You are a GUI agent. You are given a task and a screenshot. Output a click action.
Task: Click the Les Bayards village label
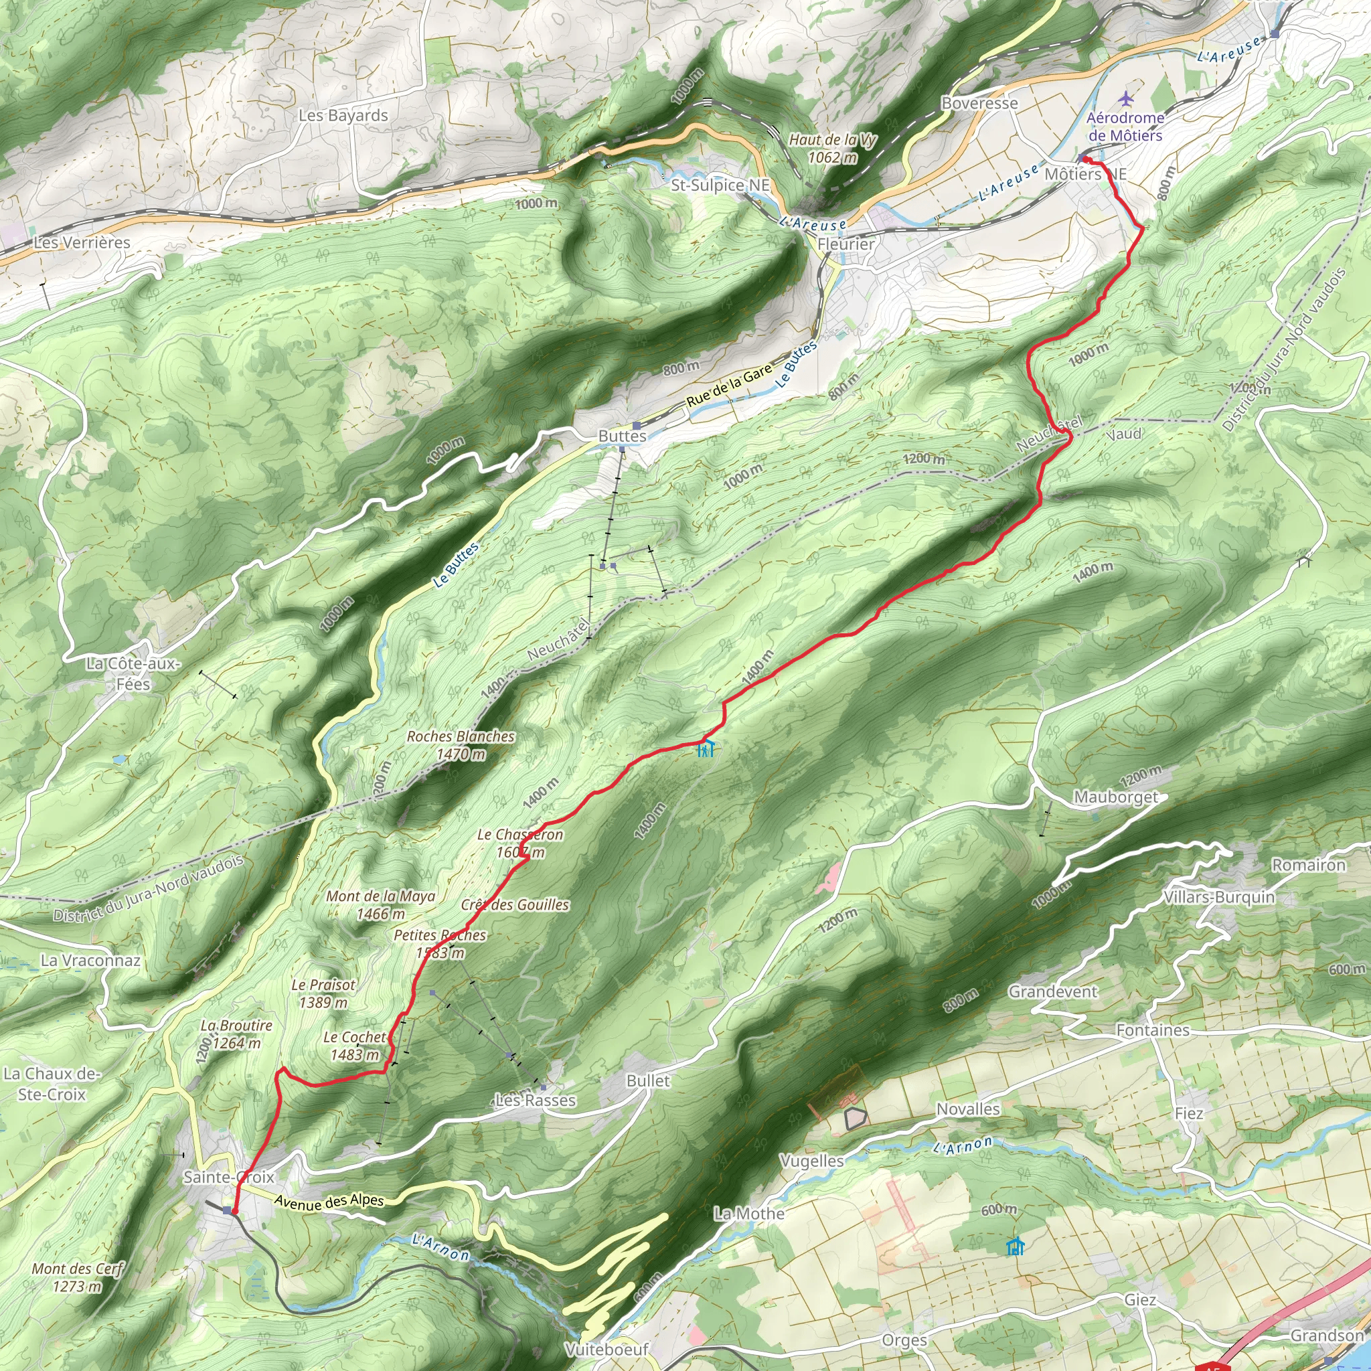pos(343,115)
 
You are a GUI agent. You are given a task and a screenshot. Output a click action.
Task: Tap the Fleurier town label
pos(846,244)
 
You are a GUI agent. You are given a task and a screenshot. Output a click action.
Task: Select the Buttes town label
pos(623,436)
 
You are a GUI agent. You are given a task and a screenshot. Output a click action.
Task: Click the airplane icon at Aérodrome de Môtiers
pos(1125,97)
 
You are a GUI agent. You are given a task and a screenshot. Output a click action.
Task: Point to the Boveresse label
pos(979,104)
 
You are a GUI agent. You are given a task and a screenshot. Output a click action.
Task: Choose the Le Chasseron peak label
pos(520,843)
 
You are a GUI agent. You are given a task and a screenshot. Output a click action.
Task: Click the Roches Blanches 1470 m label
pos(461,745)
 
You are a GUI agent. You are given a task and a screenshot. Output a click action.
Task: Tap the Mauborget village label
pos(1115,797)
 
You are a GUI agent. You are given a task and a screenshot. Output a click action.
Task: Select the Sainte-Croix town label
pos(228,1178)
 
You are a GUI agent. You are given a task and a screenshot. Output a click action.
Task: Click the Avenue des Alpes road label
pos(329,1202)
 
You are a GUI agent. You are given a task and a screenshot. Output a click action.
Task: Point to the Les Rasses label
pos(535,1101)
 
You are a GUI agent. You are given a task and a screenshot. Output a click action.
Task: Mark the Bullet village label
pos(648,1080)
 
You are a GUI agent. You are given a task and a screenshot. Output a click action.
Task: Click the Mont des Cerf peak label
pos(78,1277)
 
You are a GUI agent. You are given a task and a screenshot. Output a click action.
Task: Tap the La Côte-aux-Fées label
pos(133,673)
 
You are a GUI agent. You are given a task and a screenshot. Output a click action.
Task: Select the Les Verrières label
pos(82,243)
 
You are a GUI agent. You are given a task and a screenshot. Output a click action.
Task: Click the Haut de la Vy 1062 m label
pos(832,149)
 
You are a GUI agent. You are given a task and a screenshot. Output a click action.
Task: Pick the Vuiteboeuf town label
pos(607,1349)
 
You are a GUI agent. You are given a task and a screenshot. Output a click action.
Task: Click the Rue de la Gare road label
pos(729,386)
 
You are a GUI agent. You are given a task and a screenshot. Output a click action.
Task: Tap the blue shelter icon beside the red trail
pos(706,748)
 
